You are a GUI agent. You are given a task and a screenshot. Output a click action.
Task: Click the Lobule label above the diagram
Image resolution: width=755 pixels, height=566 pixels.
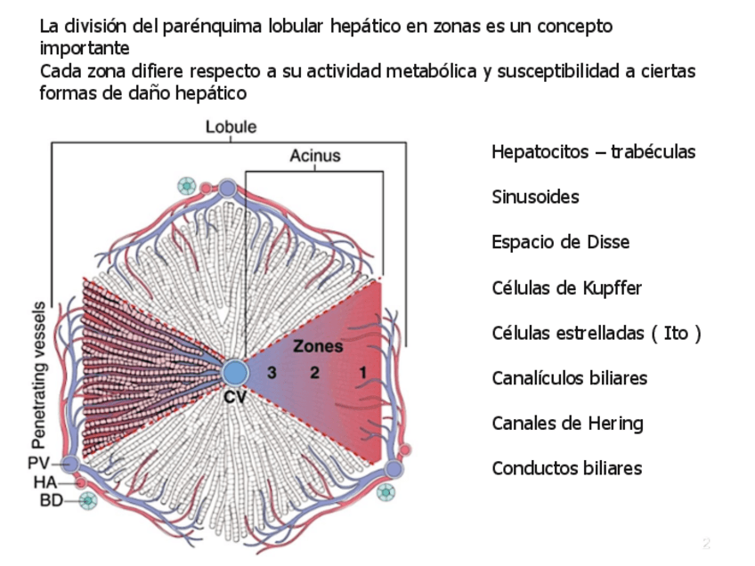coord(231,127)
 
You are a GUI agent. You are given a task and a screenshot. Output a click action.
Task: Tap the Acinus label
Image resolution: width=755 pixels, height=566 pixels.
coord(314,157)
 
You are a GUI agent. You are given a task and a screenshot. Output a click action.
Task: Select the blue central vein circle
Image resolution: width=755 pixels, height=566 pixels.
coord(235,372)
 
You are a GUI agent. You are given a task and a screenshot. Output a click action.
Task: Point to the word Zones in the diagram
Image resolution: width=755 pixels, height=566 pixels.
coord(318,347)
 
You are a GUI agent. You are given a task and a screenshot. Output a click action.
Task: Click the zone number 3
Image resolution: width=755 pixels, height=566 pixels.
coord(272,373)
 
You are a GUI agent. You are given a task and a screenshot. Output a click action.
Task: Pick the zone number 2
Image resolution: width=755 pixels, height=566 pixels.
coord(314,373)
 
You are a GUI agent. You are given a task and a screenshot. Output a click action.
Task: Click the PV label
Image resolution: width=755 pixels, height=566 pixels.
coord(38,464)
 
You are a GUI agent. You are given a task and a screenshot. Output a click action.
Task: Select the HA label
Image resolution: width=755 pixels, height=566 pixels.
coord(45,481)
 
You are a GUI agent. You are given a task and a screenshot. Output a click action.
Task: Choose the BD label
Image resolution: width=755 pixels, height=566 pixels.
coord(52,500)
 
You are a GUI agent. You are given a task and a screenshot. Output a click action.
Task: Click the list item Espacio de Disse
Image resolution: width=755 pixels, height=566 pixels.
coord(560,242)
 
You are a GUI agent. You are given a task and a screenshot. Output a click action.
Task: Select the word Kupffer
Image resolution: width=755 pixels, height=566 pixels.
coord(610,288)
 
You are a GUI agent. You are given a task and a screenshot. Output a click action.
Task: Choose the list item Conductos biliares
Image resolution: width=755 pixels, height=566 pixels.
coord(566,468)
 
